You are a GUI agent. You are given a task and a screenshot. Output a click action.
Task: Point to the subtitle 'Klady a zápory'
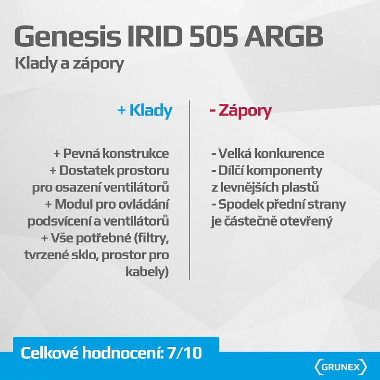[x=69, y=63]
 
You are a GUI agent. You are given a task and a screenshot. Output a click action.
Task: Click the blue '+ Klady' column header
[x=145, y=111]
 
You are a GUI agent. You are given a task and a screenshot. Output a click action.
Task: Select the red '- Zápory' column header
[x=241, y=111]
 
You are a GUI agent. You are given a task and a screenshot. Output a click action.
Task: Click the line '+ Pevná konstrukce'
[x=111, y=153]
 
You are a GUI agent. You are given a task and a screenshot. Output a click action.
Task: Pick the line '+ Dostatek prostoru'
[x=109, y=170]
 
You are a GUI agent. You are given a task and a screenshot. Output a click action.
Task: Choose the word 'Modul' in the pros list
[x=71, y=204]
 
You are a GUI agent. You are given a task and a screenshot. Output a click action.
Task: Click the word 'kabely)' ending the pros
[x=147, y=272]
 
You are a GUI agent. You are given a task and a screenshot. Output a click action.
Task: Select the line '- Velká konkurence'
[x=267, y=153]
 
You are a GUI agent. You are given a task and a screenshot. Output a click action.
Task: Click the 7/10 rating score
[x=186, y=354]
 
